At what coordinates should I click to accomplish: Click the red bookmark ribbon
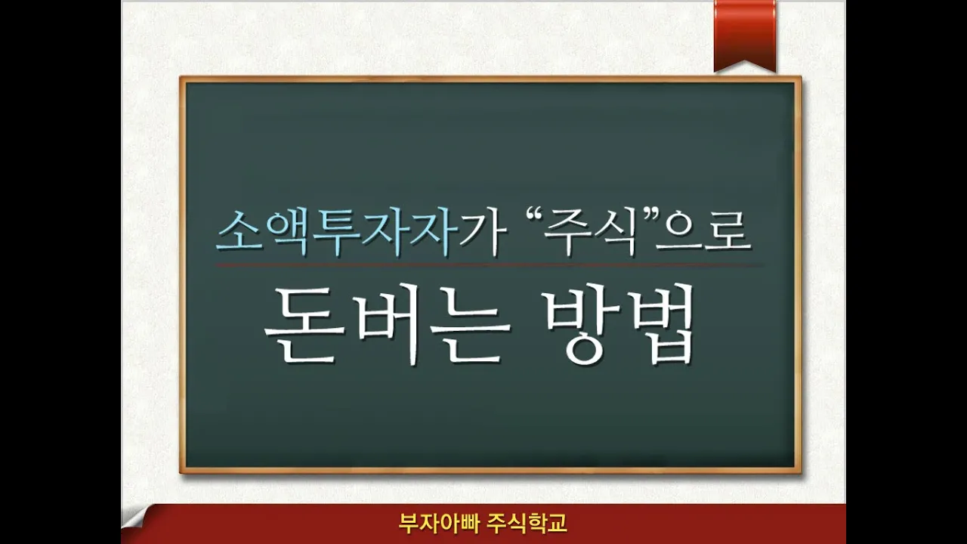(745, 35)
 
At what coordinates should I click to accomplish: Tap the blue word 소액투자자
(338, 233)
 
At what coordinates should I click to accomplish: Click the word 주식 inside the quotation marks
(591, 233)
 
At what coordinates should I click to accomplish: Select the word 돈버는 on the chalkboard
(387, 325)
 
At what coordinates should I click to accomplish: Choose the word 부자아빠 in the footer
(439, 524)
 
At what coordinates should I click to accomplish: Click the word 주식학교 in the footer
(527, 524)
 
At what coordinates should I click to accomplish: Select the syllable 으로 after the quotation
(703, 233)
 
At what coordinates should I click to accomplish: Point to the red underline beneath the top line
(488, 265)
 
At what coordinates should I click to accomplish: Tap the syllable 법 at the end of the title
(658, 325)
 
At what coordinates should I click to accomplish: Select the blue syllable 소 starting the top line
(240, 233)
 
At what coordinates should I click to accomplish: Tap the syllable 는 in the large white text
(470, 325)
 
